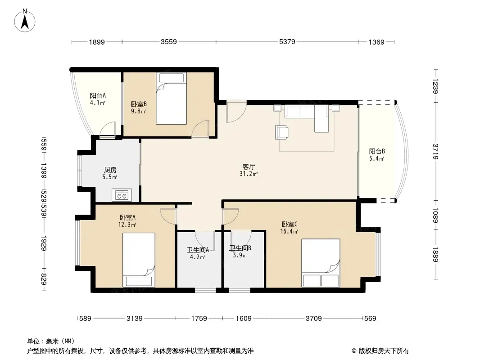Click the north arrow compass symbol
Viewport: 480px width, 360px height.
[25, 21]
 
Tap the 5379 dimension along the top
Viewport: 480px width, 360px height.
[287, 41]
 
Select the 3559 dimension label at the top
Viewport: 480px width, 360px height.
[169, 41]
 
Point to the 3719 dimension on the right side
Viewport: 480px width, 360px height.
[435, 151]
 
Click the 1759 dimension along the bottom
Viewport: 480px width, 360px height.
[199, 319]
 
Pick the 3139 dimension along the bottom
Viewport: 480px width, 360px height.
[134, 319]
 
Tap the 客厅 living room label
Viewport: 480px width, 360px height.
[249, 166]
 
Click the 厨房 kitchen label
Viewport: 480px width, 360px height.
[110, 170]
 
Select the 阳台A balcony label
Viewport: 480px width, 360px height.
[98, 95]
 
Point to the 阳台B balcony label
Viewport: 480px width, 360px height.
[377, 151]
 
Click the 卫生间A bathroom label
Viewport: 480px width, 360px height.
[198, 250]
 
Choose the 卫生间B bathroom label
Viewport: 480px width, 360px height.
[240, 248]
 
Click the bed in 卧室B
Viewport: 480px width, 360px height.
[171, 98]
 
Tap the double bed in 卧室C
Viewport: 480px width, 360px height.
[321, 263]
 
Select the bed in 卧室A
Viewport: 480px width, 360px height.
[139, 260]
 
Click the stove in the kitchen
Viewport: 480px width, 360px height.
[122, 195]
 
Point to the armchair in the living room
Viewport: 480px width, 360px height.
[281, 132]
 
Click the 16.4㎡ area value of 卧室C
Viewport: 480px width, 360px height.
[289, 232]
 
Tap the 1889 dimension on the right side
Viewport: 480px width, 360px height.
[435, 254]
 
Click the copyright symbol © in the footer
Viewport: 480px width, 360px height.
[354, 351]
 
